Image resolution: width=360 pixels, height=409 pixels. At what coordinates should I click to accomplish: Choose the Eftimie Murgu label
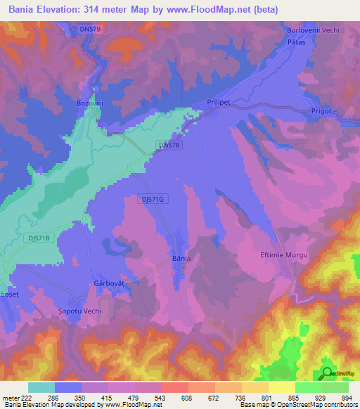click(x=285, y=255)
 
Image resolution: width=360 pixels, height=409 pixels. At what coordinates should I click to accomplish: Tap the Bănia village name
click(x=181, y=259)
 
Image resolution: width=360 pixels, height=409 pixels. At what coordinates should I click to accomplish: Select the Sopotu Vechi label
click(x=79, y=311)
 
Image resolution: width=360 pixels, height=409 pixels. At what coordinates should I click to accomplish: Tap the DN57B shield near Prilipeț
click(x=169, y=145)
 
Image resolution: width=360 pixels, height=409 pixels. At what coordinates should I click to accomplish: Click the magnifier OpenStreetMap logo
click(x=327, y=372)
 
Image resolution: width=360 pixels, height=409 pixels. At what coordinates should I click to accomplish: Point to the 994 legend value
click(x=347, y=397)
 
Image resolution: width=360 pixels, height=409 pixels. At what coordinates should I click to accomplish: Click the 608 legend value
click(x=187, y=397)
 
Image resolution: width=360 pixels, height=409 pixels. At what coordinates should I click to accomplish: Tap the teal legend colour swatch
click(x=41, y=387)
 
